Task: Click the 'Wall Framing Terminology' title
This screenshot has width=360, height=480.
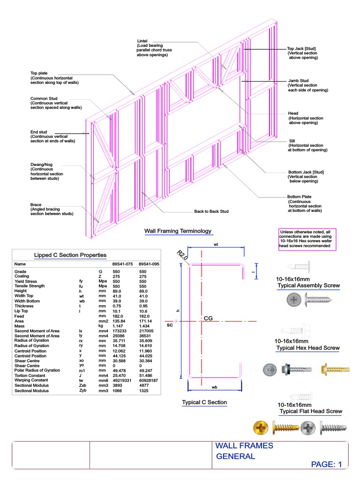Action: [178, 231]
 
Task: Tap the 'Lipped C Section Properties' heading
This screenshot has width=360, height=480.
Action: [70, 255]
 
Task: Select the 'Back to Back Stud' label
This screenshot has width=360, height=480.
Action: [211, 211]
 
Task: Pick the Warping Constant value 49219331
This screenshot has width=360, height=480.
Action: [121, 381]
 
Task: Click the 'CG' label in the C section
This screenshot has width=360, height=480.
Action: [209, 319]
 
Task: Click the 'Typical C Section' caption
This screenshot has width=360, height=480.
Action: [204, 403]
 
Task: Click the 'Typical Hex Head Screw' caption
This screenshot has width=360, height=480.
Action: [307, 348]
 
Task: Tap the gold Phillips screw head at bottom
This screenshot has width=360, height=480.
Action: [261, 427]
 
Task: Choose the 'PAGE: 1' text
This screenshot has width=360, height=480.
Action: [327, 465]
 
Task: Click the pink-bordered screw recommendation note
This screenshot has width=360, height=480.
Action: [307, 239]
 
